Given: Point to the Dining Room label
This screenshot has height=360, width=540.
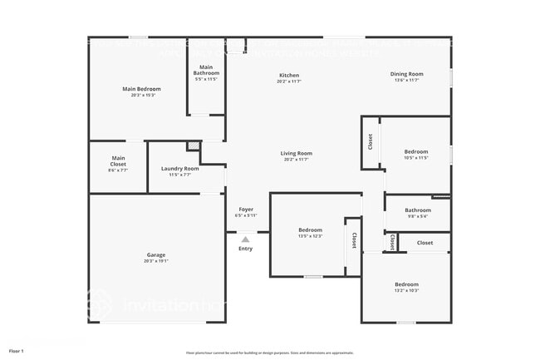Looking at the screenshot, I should pyautogui.click(x=407, y=76).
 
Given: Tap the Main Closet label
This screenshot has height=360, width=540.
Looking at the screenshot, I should pyautogui.click(x=118, y=161).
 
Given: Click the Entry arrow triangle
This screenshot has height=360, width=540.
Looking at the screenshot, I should pyautogui.click(x=245, y=239).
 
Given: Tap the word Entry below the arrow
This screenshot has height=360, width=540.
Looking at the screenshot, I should pyautogui.click(x=245, y=249).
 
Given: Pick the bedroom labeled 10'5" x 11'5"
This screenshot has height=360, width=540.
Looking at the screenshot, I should pyautogui.click(x=415, y=155).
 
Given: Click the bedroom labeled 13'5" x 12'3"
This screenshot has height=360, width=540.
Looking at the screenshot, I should pyautogui.click(x=310, y=233).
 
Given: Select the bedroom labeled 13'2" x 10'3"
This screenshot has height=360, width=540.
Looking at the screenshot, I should pyautogui.click(x=406, y=288).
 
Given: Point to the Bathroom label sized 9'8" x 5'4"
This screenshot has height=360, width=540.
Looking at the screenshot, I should pyautogui.click(x=418, y=213).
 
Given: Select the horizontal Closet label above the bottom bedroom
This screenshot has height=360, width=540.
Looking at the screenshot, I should pyautogui.click(x=425, y=243).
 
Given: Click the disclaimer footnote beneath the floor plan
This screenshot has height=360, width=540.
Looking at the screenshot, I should pyautogui.click(x=270, y=353).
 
